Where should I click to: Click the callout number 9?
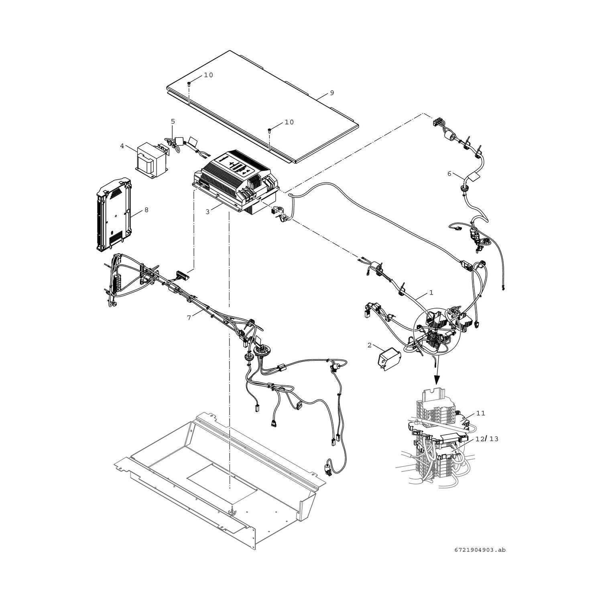click(x=332, y=93)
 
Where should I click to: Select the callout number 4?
click(x=122, y=146)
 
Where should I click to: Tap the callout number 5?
click(x=173, y=121)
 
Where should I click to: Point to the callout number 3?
click(x=207, y=212)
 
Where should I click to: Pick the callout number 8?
click(x=146, y=210)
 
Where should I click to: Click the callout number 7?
click(x=188, y=317)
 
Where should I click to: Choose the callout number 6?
click(x=449, y=173)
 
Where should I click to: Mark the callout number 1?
click(x=431, y=293)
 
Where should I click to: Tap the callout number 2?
click(x=369, y=345)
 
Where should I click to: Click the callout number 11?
click(x=481, y=413)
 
